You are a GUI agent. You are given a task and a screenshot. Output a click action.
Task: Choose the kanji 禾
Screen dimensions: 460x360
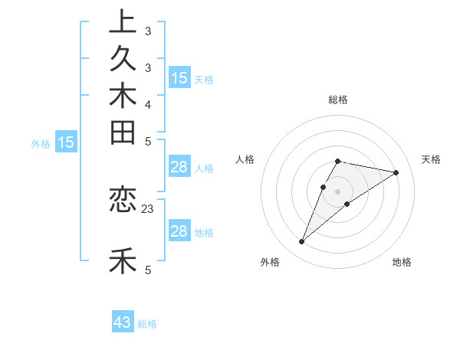(123, 261)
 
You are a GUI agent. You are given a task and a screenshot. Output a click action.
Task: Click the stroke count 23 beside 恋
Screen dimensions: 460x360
(148, 208)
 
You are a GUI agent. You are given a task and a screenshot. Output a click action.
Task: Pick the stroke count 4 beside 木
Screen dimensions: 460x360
(148, 104)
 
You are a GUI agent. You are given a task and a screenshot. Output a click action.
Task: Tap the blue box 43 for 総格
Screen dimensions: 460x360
(123, 322)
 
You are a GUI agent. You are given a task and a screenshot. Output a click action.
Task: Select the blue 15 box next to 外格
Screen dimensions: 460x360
(66, 142)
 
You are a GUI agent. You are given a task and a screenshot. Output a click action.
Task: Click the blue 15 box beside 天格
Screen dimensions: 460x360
(179, 77)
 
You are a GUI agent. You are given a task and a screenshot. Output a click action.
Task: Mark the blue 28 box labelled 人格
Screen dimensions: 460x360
(179, 167)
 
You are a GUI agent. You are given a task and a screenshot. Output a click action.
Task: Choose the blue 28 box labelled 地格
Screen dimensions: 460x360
(179, 231)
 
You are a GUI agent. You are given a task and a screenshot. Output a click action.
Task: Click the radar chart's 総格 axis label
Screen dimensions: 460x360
(338, 100)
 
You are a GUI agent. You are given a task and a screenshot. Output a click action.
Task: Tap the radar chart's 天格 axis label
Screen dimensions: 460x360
(431, 159)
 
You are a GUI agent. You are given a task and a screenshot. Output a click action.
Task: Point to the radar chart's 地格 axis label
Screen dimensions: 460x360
(402, 262)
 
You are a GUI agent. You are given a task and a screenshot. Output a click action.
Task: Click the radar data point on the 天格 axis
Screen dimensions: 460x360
(396, 172)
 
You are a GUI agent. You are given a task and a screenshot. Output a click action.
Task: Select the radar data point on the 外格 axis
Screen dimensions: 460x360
(302, 242)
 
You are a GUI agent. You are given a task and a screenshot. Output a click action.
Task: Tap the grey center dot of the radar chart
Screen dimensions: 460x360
(338, 191)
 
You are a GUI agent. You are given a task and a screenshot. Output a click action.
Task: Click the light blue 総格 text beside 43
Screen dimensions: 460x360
(147, 324)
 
